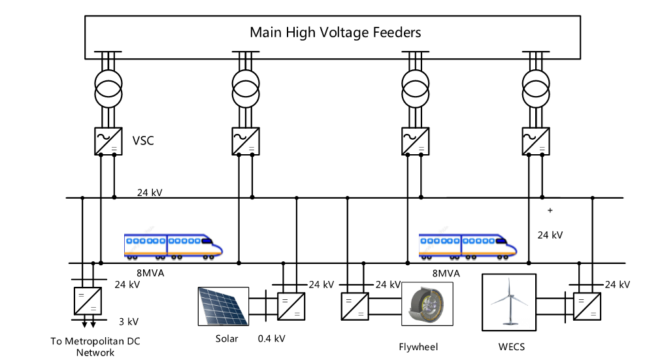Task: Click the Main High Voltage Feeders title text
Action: click(335, 31)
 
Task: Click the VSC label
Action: click(142, 140)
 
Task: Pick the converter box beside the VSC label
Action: click(107, 140)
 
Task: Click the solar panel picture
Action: click(222, 306)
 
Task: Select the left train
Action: click(173, 246)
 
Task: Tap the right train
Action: click(467, 246)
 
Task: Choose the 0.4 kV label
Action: click(272, 338)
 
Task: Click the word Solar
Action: click(227, 338)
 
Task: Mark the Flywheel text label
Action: click(418, 346)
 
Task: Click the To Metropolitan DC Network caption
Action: click(95, 347)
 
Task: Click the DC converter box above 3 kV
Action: click(86, 300)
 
